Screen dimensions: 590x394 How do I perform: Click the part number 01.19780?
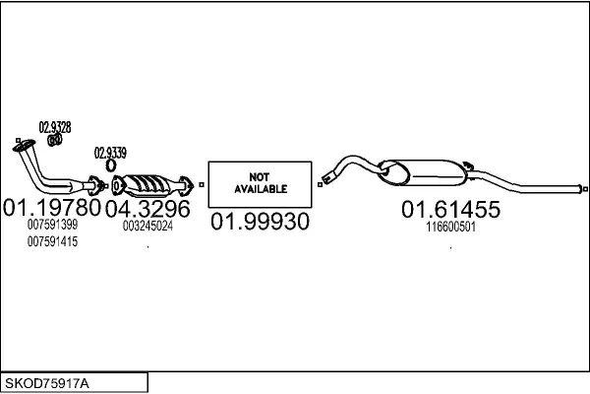[52, 208]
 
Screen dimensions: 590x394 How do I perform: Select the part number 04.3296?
[147, 209]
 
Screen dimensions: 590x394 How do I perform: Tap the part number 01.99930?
[260, 222]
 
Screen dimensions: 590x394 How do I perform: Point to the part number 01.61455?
[450, 209]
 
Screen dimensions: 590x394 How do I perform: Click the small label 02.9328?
[55, 127]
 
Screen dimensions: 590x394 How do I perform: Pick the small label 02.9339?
[110, 153]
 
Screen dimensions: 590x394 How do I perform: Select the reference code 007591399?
[52, 225]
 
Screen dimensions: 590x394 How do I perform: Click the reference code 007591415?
[52, 241]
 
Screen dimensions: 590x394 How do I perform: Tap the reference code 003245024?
[147, 226]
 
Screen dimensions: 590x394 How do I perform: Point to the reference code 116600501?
[450, 227]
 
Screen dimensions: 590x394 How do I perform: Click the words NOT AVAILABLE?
[261, 183]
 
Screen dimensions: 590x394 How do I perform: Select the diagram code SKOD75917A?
[47, 384]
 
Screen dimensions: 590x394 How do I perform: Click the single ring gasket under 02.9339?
[110, 165]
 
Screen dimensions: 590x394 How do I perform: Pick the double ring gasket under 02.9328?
[55, 140]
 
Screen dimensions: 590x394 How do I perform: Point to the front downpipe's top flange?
[24, 145]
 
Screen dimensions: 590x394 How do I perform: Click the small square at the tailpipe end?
[585, 189]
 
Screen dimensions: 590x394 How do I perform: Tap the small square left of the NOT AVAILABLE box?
[202, 185]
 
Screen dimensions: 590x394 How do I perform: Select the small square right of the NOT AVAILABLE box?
[321, 185]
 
